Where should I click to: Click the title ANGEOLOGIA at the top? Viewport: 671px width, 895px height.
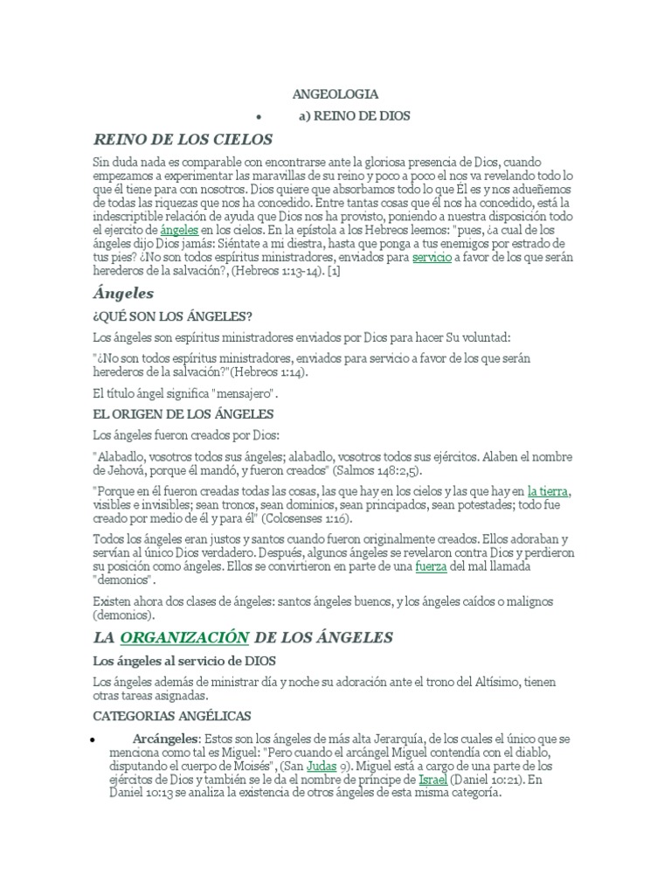(x=335, y=94)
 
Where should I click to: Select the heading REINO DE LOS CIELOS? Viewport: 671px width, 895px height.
(x=183, y=139)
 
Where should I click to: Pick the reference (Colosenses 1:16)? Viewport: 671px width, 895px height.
(x=295, y=518)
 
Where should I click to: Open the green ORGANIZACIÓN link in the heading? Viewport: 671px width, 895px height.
(x=184, y=637)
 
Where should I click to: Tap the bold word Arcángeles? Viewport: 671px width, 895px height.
(x=164, y=739)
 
